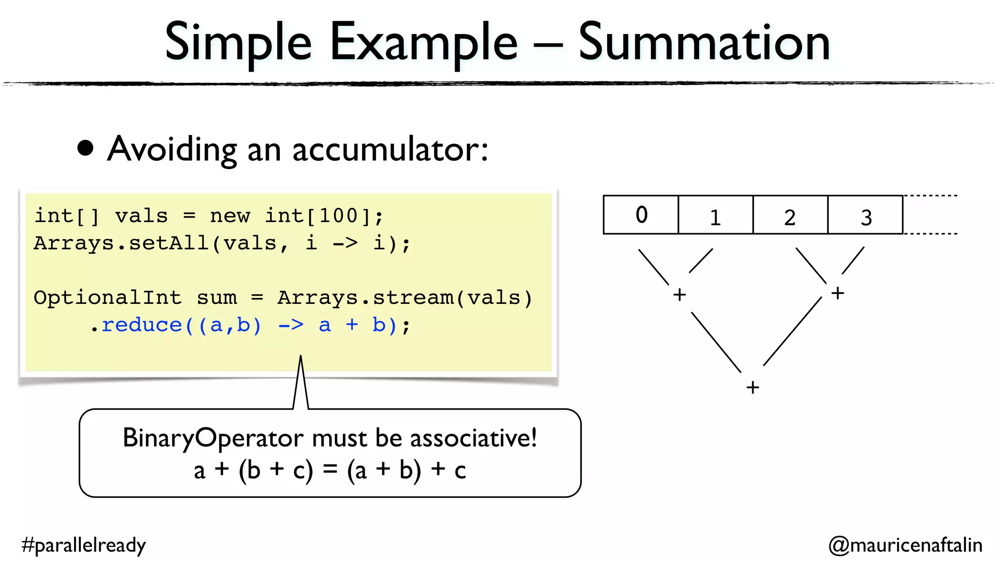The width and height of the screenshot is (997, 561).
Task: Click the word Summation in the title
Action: tap(704, 43)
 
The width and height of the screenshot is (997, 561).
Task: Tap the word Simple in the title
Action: tap(238, 43)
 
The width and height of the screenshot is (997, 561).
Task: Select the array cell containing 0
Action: tap(641, 215)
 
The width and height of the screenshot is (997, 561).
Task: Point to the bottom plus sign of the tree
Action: tap(753, 388)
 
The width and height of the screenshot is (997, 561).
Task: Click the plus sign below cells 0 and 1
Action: tap(680, 295)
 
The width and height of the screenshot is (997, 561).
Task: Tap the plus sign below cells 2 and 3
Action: tap(837, 293)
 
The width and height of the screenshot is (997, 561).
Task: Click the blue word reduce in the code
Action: tap(142, 325)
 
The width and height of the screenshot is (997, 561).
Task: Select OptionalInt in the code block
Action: tap(108, 298)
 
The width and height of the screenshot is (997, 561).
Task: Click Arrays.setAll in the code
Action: tap(121, 243)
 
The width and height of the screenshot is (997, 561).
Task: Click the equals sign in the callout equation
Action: tap(330, 469)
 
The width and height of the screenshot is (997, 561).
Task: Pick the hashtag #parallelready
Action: tap(84, 545)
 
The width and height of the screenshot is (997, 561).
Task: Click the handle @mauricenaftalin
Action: tap(905, 545)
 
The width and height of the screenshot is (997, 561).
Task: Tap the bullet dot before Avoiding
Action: tap(86, 149)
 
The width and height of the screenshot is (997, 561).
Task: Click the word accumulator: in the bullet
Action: tap(390, 150)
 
